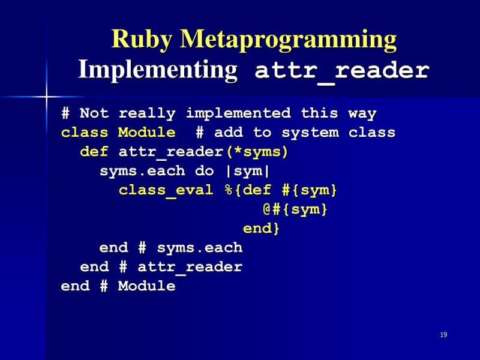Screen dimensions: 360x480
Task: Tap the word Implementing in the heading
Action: pyautogui.click(x=158, y=70)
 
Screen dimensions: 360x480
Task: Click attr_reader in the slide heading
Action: pyautogui.click(x=342, y=71)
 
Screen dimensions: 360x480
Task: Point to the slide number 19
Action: pyautogui.click(x=443, y=335)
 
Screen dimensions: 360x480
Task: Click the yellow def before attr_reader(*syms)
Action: pyautogui.click(x=94, y=152)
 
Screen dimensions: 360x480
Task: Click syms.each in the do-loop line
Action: pyautogui.click(x=142, y=171)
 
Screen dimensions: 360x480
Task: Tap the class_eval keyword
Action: pyautogui.click(x=166, y=190)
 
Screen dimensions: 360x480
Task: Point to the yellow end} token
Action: pyautogui.click(x=261, y=229)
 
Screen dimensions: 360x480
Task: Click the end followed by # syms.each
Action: pyautogui.click(x=113, y=248)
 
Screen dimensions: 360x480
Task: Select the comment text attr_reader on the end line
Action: pyautogui.click(x=190, y=267)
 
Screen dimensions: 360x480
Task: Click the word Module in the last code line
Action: pyautogui.click(x=146, y=286)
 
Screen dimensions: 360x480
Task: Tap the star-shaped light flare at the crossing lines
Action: pyautogui.click(x=46, y=95)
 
